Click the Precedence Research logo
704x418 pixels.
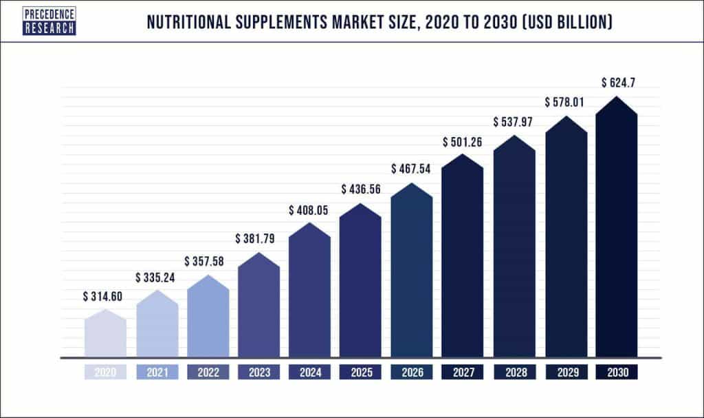point(49,21)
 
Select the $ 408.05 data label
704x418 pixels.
point(309,209)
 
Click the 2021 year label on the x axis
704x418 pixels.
point(157,373)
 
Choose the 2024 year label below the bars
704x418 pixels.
point(309,373)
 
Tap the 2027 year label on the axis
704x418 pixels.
point(463,373)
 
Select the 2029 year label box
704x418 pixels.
point(566,373)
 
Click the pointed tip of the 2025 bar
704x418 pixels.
point(360,205)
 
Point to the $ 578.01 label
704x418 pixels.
point(566,103)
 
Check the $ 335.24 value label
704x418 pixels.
point(157,278)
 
